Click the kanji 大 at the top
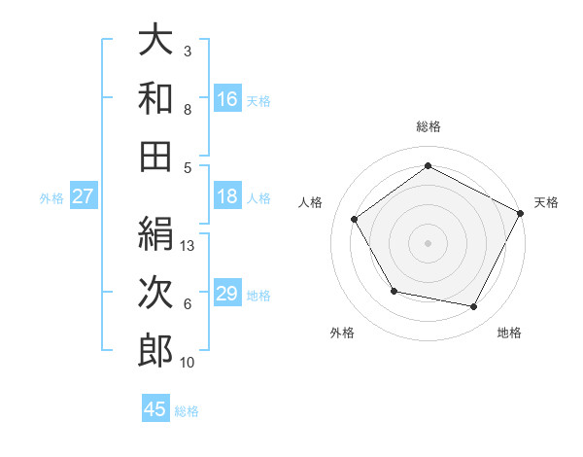[155, 40]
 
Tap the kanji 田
[155, 155]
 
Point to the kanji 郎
[155, 350]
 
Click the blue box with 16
[226, 98]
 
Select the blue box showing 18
[226, 196]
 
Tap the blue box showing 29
[226, 294]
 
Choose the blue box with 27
[84, 196]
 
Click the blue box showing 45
[155, 409]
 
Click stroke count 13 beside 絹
[189, 246]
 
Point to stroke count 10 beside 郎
[189, 363]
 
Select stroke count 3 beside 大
[187, 51]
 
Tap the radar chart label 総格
[429, 126]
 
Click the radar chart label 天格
[546, 202]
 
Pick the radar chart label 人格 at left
[311, 202]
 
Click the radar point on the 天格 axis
[522, 212]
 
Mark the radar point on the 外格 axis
[394, 291]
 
